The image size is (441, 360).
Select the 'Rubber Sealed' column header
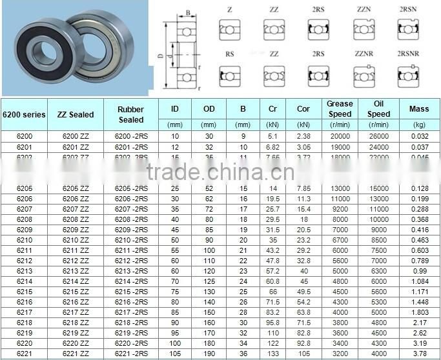point(131,114)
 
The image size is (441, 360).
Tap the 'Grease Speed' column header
point(340,108)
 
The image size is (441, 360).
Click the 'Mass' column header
point(419,109)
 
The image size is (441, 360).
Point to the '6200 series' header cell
point(25,114)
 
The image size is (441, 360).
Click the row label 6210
point(25,239)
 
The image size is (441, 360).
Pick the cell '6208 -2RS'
point(131,219)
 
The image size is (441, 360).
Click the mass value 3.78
point(419,353)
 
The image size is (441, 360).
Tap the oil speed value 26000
point(379,136)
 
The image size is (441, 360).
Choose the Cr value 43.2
point(272,250)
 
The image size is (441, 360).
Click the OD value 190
point(209,353)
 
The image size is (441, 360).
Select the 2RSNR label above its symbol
point(408,54)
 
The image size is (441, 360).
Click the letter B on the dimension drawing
point(187,12)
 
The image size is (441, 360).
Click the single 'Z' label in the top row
point(230,10)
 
